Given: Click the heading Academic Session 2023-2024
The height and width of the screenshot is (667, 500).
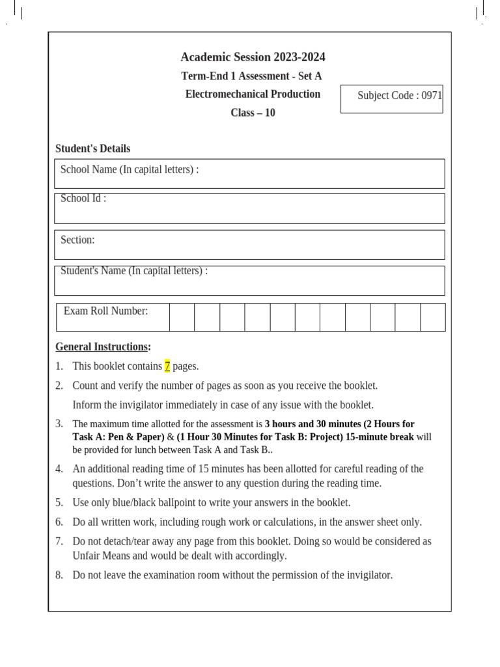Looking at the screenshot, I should [253, 57].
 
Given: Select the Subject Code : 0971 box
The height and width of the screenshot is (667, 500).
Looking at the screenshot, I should [392, 98].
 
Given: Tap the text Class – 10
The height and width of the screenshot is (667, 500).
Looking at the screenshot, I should [253, 113].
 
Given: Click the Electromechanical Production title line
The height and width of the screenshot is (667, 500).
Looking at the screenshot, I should [253, 94].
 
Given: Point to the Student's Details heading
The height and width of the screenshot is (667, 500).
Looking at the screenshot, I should [92, 149].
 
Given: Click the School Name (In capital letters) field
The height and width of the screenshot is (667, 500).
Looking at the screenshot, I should [249, 173].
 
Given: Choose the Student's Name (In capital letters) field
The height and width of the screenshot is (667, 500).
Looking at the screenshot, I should [249, 280].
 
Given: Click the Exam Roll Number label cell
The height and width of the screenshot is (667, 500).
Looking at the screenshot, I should [113, 317].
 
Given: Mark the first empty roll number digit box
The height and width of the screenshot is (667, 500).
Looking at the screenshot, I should [182, 317].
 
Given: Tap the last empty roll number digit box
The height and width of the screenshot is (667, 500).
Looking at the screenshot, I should [433, 317].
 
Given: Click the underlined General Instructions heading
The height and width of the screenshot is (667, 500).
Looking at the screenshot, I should [102, 347].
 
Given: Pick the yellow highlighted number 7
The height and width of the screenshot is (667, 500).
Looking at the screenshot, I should [167, 366].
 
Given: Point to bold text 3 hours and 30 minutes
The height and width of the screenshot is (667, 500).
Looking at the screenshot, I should [311, 424].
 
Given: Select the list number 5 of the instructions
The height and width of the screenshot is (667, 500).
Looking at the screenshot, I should [59, 503].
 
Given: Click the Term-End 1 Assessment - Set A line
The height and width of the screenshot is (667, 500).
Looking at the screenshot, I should [251, 76].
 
